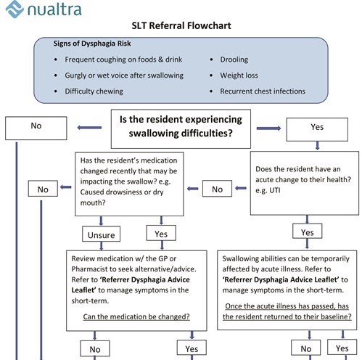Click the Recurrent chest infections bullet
pos(263,91)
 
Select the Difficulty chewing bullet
pos(94,91)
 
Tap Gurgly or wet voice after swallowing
pos(124,75)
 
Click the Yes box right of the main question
pos(317,127)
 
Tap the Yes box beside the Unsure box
pos(161,234)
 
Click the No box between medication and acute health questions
pos(217,189)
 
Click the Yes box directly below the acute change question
pos(307,232)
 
